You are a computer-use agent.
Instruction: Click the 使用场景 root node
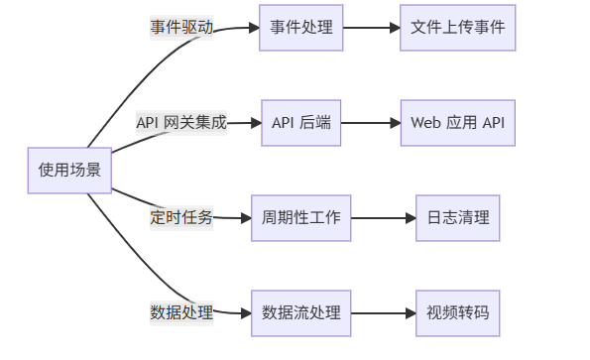[x=69, y=170]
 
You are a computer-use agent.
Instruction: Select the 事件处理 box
[x=301, y=28]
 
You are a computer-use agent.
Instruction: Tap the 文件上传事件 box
[x=458, y=28]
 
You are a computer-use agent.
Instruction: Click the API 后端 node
[x=301, y=123]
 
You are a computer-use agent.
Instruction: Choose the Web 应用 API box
[x=458, y=123]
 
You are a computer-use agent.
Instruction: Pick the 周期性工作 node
[x=301, y=218]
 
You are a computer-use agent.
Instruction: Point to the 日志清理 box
[x=458, y=218]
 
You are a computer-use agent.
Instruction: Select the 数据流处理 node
[x=301, y=313]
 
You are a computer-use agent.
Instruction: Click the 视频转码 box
[x=458, y=313]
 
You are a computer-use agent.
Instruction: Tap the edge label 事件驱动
[x=181, y=28]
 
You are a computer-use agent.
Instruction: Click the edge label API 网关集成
[x=181, y=123]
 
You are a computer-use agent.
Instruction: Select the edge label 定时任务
[x=181, y=218]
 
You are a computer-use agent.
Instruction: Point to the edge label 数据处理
[x=181, y=313]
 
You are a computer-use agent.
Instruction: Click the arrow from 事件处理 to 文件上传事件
[x=371, y=28]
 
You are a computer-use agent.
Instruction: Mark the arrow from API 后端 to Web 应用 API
[x=371, y=123]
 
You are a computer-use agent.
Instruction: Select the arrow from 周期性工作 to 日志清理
[x=383, y=218]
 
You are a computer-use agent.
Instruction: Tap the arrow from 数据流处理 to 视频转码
[x=383, y=313]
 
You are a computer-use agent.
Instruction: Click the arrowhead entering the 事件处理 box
[x=253, y=28]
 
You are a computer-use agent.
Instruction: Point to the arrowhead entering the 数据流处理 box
[x=245, y=313]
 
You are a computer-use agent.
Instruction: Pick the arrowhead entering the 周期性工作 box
[x=245, y=218]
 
